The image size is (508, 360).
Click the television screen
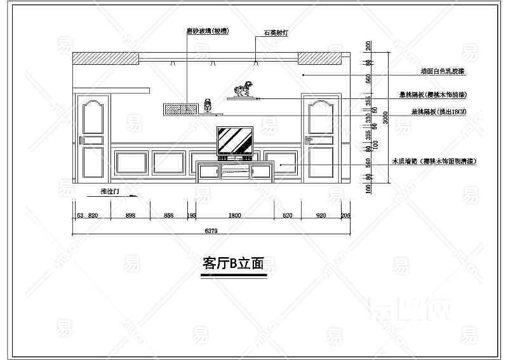pyautogui.click(x=235, y=140)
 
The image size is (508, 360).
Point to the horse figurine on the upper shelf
pyautogui.click(x=244, y=91)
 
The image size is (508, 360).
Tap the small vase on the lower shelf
pyautogui.click(x=208, y=105)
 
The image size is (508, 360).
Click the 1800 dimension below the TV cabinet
pyautogui.click(x=234, y=215)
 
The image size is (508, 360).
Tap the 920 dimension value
pyautogui.click(x=321, y=215)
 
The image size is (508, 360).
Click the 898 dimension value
pyautogui.click(x=131, y=215)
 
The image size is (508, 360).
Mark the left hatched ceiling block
pyautogui.click(x=105, y=58)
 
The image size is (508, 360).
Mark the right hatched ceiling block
pyautogui.click(x=321, y=58)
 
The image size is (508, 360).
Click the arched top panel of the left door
pyautogui.click(x=93, y=115)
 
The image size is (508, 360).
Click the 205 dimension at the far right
pyautogui.click(x=345, y=215)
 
